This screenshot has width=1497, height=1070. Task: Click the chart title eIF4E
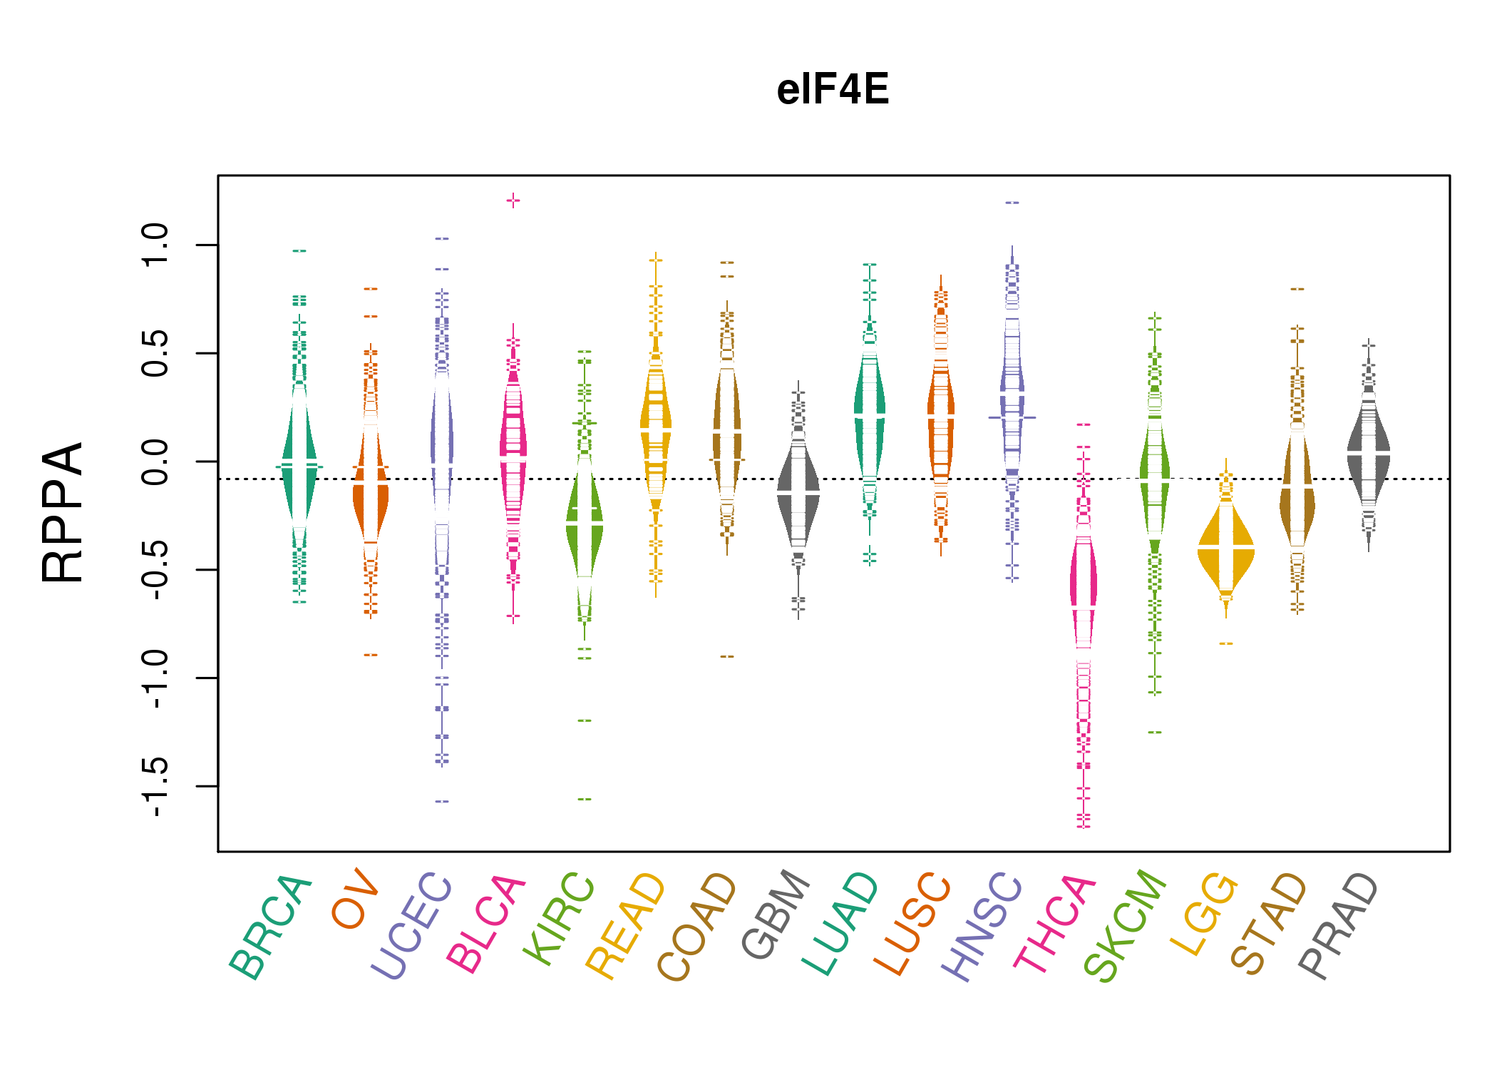coord(833,90)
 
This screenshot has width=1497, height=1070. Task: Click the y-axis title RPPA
coord(63,513)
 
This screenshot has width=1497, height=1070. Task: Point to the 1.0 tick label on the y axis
coord(155,245)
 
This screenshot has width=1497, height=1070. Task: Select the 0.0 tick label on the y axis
coord(155,462)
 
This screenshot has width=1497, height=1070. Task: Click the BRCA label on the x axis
coord(270,927)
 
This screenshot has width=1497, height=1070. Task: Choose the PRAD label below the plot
coord(1338,926)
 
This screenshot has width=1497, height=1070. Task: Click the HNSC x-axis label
coord(982,927)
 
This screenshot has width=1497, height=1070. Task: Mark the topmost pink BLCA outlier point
coord(513,200)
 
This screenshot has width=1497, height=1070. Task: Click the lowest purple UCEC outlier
coord(442,801)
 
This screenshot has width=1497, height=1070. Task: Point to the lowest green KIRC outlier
coord(585,799)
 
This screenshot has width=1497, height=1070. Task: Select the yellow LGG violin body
coord(1226,548)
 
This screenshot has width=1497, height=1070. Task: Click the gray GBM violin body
coord(798,492)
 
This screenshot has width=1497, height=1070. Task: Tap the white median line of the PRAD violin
coord(1369,453)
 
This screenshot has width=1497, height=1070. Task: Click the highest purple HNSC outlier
coord(1012,203)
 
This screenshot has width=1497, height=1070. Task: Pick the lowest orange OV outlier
coord(371,655)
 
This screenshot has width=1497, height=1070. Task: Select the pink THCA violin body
coord(1084,585)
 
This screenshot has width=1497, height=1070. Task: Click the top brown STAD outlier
coord(1297,289)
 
